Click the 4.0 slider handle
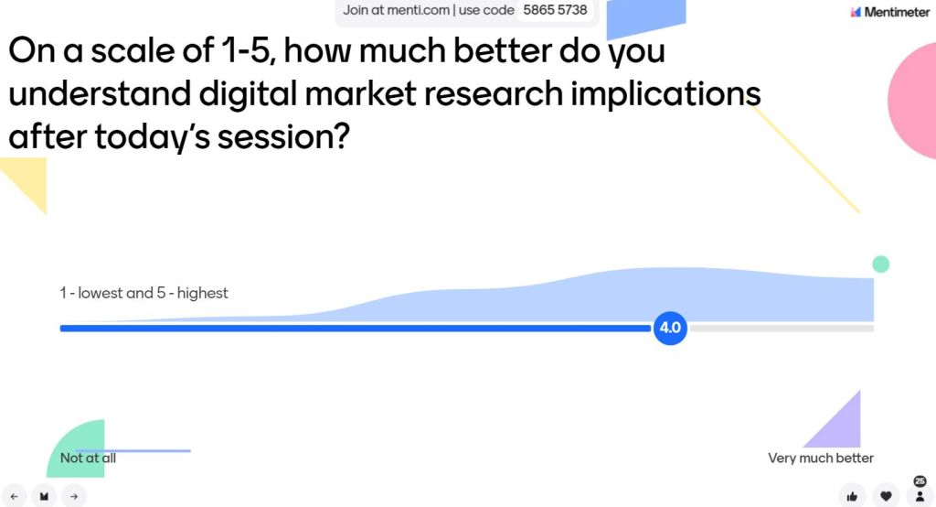(670, 328)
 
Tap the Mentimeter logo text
(897, 12)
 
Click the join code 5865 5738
(555, 10)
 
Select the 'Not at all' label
(88, 458)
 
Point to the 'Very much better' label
(821, 458)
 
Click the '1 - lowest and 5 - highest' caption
(144, 293)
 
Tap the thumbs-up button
(852, 496)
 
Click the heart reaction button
(886, 496)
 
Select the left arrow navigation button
(15, 496)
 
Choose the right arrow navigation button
(74, 496)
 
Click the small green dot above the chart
(880, 264)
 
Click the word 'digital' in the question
(248, 94)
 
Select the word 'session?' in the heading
(283, 137)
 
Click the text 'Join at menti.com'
(396, 10)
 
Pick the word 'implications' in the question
(665, 94)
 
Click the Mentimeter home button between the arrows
(44, 496)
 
